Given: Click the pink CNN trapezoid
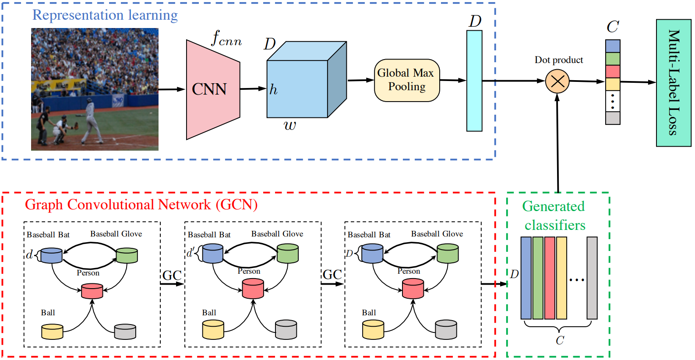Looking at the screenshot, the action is coord(213,89).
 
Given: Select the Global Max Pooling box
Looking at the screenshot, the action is coord(407,81).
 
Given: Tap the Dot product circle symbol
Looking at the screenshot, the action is coord(557,81).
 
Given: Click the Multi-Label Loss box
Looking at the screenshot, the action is coord(674,83).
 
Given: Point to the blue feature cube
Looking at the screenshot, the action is coord(307,80).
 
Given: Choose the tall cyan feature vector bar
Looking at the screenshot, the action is coord(474,81).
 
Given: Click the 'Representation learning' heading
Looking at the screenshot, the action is coord(105,15).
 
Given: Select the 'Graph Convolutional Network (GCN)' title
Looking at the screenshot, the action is coord(141,205).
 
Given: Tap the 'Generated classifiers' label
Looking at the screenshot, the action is coord(554,215).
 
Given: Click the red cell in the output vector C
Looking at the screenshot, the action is coord(613,71).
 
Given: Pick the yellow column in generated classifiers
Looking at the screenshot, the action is coord(561,278).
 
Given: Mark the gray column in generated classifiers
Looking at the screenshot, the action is coord(592,278).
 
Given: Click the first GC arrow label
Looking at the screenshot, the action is coord(172,275).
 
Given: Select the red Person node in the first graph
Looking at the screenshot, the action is coord(92,291).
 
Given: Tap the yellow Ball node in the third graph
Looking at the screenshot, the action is coord(373,330).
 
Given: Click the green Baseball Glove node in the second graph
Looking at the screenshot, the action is coord(288,254).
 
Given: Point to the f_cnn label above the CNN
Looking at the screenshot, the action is coord(226,38).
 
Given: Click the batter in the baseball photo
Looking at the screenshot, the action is coord(91,121).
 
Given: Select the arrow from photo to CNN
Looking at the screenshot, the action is coord(172,89).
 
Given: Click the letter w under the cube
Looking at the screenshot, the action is coord(290,125).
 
